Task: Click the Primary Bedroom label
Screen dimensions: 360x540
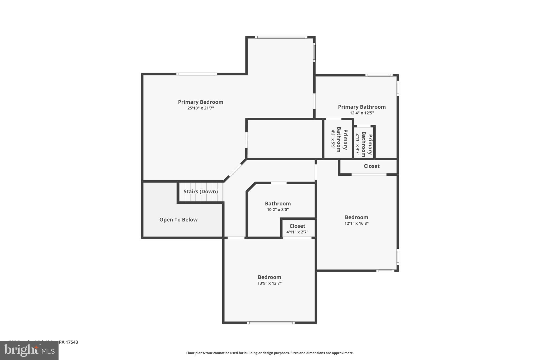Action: pyautogui.click(x=200, y=102)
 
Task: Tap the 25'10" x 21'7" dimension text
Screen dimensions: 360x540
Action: pyautogui.click(x=200, y=108)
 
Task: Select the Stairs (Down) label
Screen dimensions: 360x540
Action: pyautogui.click(x=201, y=191)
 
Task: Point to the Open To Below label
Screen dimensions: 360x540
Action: pyautogui.click(x=178, y=220)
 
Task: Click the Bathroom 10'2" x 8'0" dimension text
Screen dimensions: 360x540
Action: pyautogui.click(x=278, y=210)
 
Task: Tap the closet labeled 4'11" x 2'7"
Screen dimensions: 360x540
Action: pyautogui.click(x=297, y=229)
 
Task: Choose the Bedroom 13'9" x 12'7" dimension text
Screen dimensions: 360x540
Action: pyautogui.click(x=269, y=283)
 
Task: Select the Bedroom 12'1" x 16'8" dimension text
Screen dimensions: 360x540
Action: pyautogui.click(x=356, y=223)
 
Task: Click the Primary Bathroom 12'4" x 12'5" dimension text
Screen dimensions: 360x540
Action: pyautogui.click(x=362, y=113)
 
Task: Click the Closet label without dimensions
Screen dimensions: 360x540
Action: pyautogui.click(x=372, y=166)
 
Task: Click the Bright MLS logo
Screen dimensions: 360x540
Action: pyautogui.click(x=29, y=351)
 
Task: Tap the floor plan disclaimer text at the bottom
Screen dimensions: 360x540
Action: pyautogui.click(x=270, y=353)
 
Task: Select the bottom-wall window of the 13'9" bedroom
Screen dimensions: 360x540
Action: pyautogui.click(x=271, y=323)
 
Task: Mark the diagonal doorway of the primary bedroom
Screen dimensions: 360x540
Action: pyautogui.click(x=235, y=170)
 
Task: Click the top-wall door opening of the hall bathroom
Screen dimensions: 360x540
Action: pyautogui.click(x=278, y=183)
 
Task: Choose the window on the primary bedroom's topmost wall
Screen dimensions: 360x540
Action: pyautogui.click(x=281, y=37)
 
